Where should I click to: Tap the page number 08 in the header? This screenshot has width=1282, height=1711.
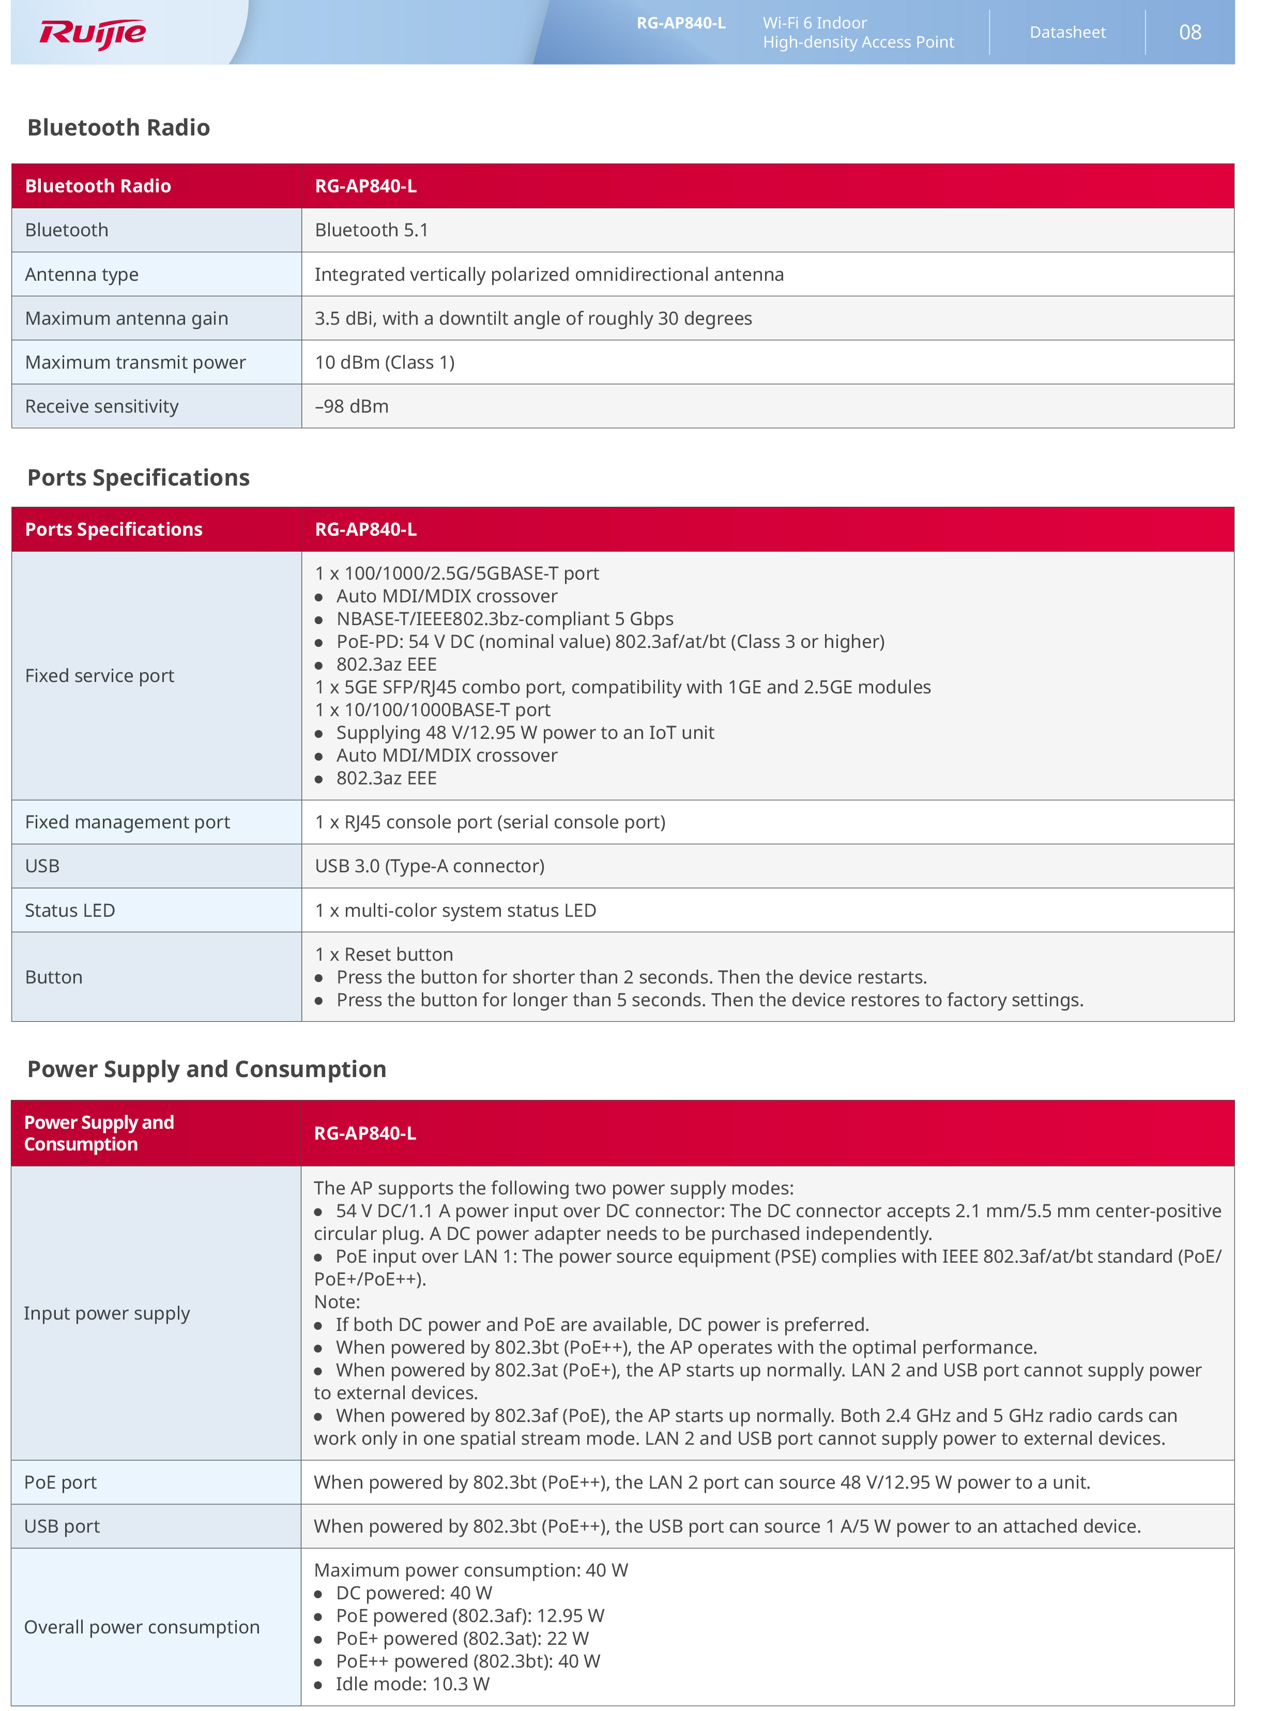(x=1189, y=33)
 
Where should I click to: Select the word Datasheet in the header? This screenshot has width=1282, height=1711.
(x=1067, y=33)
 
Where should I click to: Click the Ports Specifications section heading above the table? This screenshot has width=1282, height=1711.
(x=139, y=478)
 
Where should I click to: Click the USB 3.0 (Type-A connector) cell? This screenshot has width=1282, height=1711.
(x=429, y=866)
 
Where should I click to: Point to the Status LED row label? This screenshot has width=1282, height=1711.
(x=70, y=911)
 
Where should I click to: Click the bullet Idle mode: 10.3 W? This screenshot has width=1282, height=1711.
(x=412, y=1685)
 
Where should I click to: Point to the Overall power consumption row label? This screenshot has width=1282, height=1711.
(x=142, y=1627)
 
